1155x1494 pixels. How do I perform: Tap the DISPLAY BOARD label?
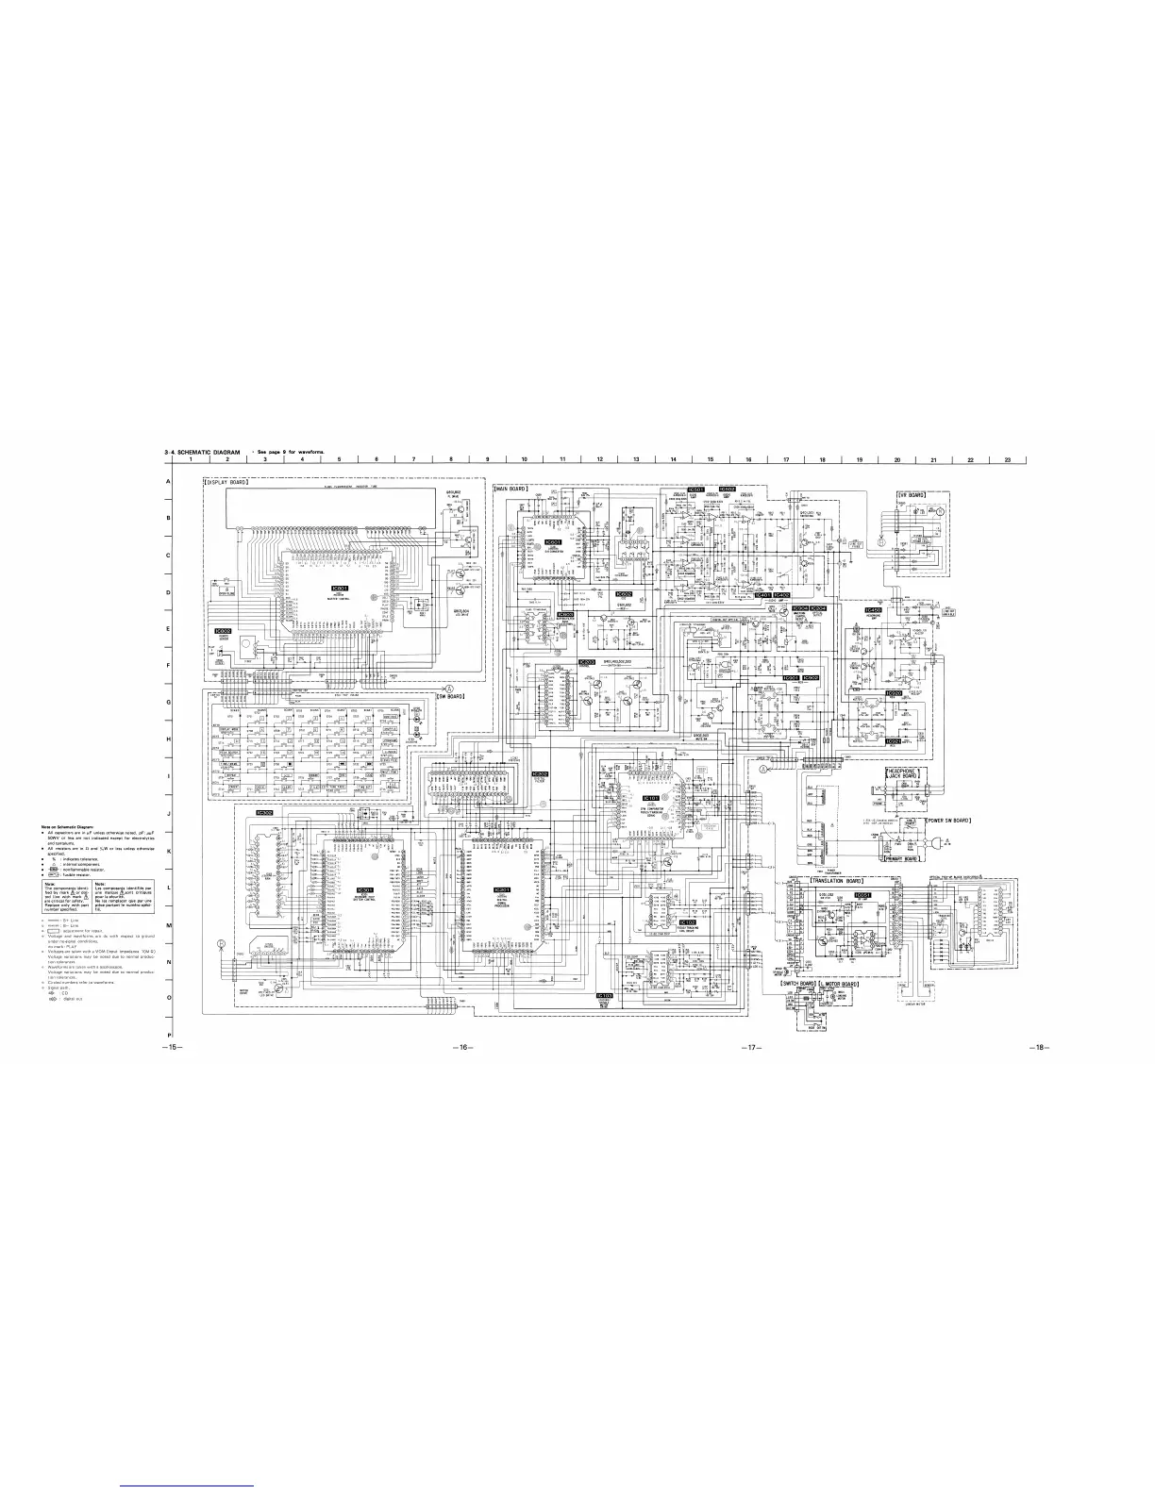[226, 483]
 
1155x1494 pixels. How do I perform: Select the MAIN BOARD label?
[511, 489]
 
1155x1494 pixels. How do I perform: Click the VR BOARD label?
[910, 494]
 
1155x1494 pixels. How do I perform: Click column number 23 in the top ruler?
[1008, 459]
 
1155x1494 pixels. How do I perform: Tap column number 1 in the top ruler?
[190, 459]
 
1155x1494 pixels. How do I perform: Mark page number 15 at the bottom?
[171, 1048]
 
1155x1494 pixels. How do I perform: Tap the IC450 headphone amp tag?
[873, 610]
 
